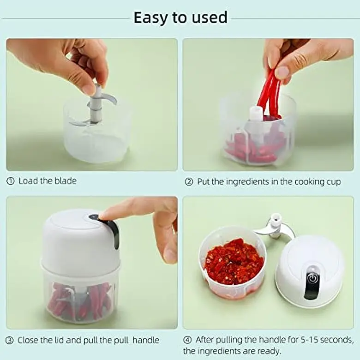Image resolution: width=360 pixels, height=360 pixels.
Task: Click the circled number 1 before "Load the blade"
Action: point(11,181)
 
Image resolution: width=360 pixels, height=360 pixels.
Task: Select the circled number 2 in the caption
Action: point(188,182)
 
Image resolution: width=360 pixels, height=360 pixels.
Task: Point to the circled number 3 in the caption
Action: point(10,341)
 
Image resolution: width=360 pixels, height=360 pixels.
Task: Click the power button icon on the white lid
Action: point(312,278)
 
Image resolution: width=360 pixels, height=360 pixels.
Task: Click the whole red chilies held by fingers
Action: point(270,92)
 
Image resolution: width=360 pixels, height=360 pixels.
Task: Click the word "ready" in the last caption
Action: point(268,351)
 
